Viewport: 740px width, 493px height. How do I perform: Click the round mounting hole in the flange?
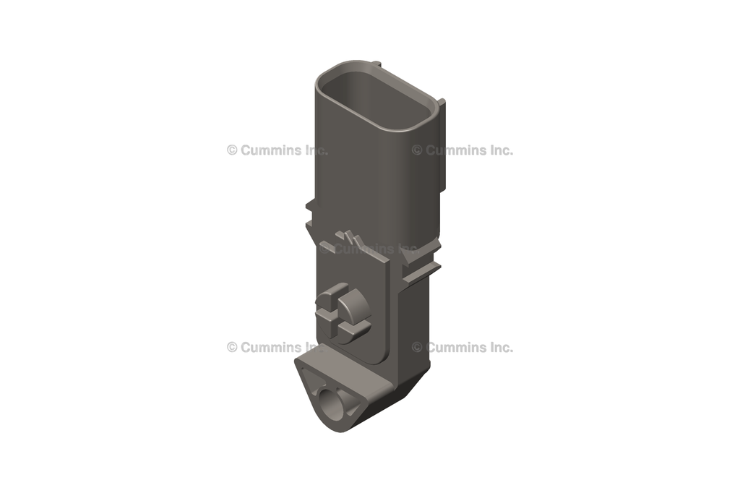pos(333,404)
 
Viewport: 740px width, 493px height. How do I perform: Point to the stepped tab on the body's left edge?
pos(310,213)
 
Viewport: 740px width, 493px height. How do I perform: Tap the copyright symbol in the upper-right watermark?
pos(417,150)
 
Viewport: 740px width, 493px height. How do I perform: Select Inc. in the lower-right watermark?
pos(501,347)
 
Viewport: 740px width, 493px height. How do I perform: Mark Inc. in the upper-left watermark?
pos(316,150)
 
